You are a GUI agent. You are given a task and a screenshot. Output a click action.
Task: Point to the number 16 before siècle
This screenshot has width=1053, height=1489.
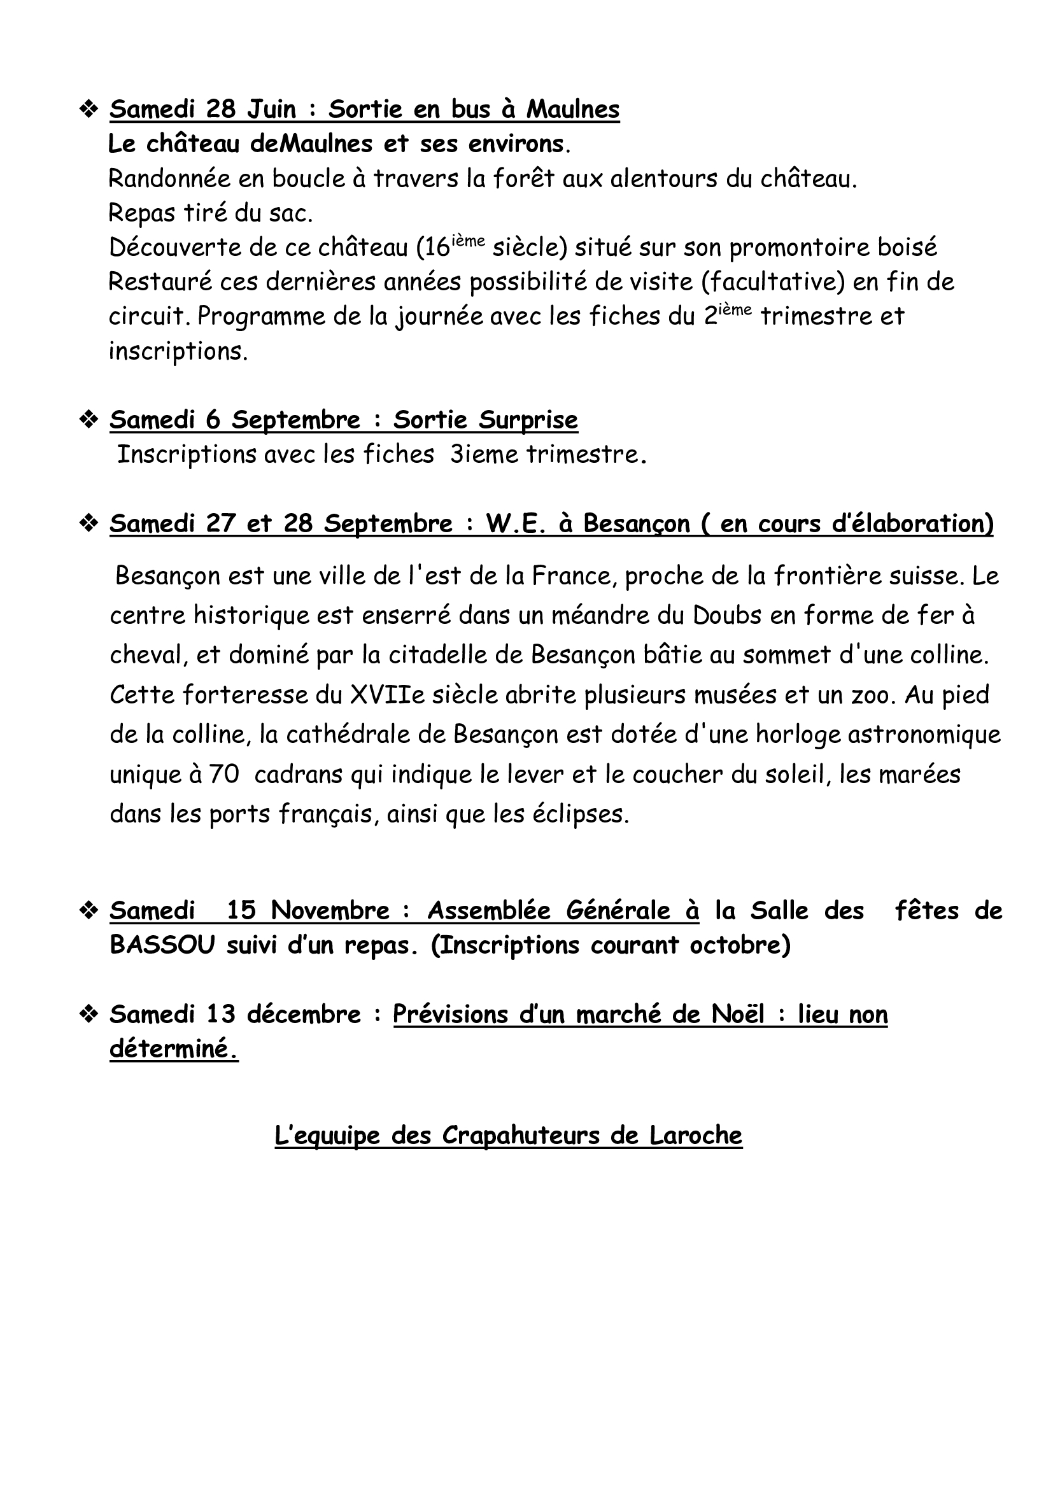tap(437, 248)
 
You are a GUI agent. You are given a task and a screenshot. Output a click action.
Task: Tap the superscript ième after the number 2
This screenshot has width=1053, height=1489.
tap(735, 309)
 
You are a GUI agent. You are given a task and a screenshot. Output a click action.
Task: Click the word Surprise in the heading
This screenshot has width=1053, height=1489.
tap(527, 420)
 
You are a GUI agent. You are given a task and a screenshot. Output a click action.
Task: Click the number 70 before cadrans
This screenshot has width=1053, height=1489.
tap(224, 774)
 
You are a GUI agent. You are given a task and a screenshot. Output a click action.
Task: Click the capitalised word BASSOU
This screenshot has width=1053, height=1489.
tap(162, 945)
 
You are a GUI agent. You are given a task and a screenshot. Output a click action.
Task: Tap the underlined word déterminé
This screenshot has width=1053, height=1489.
tap(173, 1048)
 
